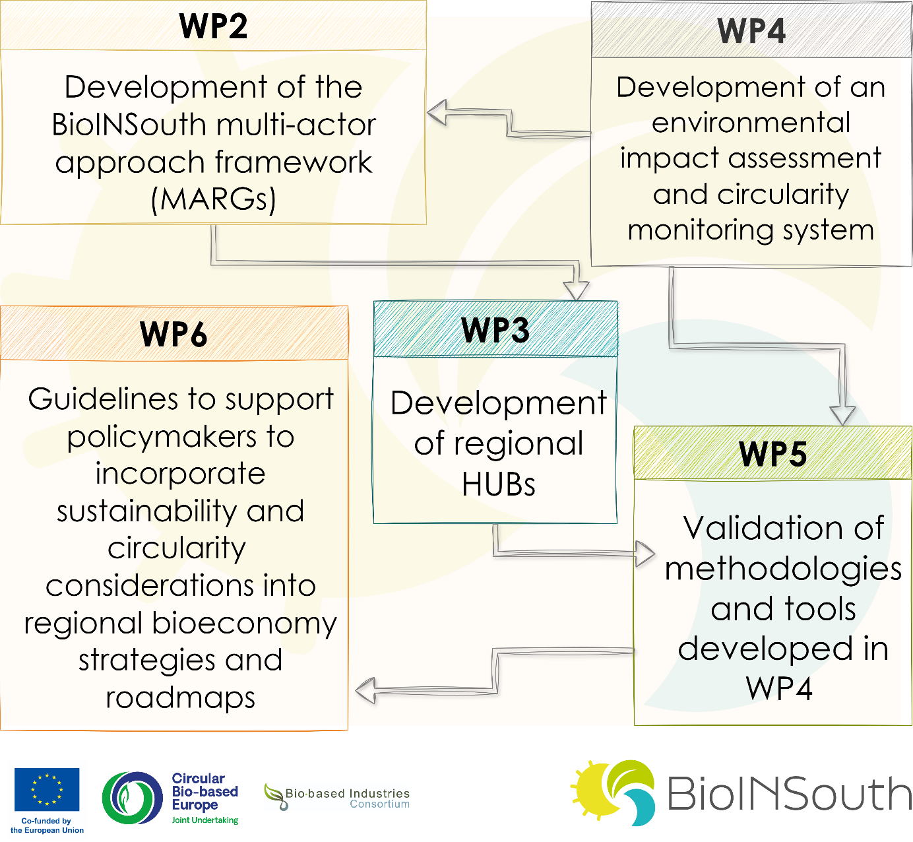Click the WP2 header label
pyautogui.click(x=213, y=26)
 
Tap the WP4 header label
pyautogui.click(x=751, y=31)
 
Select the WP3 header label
pyautogui.click(x=495, y=330)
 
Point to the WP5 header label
pyautogui.click(x=772, y=454)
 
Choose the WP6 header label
pyautogui.click(x=173, y=334)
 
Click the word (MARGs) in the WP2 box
pyautogui.click(x=214, y=199)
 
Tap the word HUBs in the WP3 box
pyautogui.click(x=499, y=484)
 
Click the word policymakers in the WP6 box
pyautogui.click(x=162, y=437)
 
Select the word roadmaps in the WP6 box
pyautogui.click(x=180, y=698)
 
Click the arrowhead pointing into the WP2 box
pyautogui.click(x=437, y=112)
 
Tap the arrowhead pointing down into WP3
pyautogui.click(x=576, y=290)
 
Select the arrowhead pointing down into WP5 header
pyautogui.click(x=842, y=416)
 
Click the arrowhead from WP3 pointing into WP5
pyautogui.click(x=645, y=554)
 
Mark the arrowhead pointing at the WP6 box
pyautogui.click(x=365, y=690)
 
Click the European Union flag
pyautogui.click(x=47, y=790)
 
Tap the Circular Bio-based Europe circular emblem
pyautogui.click(x=133, y=798)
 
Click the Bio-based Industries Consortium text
pyautogui.click(x=347, y=798)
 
